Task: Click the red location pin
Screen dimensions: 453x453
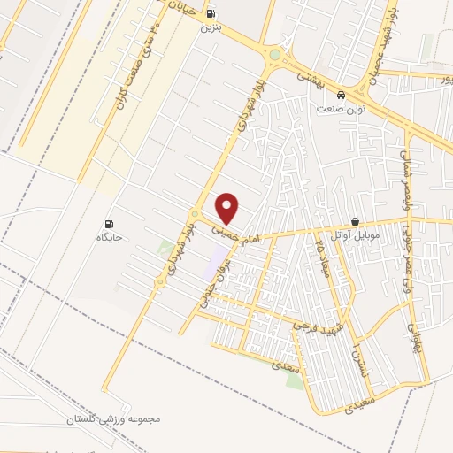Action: [228, 208]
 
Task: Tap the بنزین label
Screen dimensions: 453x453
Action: [211, 28]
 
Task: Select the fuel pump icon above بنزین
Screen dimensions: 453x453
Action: [211, 14]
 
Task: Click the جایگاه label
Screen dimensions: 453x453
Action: [110, 238]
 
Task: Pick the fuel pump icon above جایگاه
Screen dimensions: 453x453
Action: [110, 224]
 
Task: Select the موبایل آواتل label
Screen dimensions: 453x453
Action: [356, 235]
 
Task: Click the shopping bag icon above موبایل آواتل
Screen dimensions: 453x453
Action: [356, 221]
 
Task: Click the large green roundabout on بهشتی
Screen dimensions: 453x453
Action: [275, 55]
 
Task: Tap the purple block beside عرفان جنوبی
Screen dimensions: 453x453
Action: [218, 257]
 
